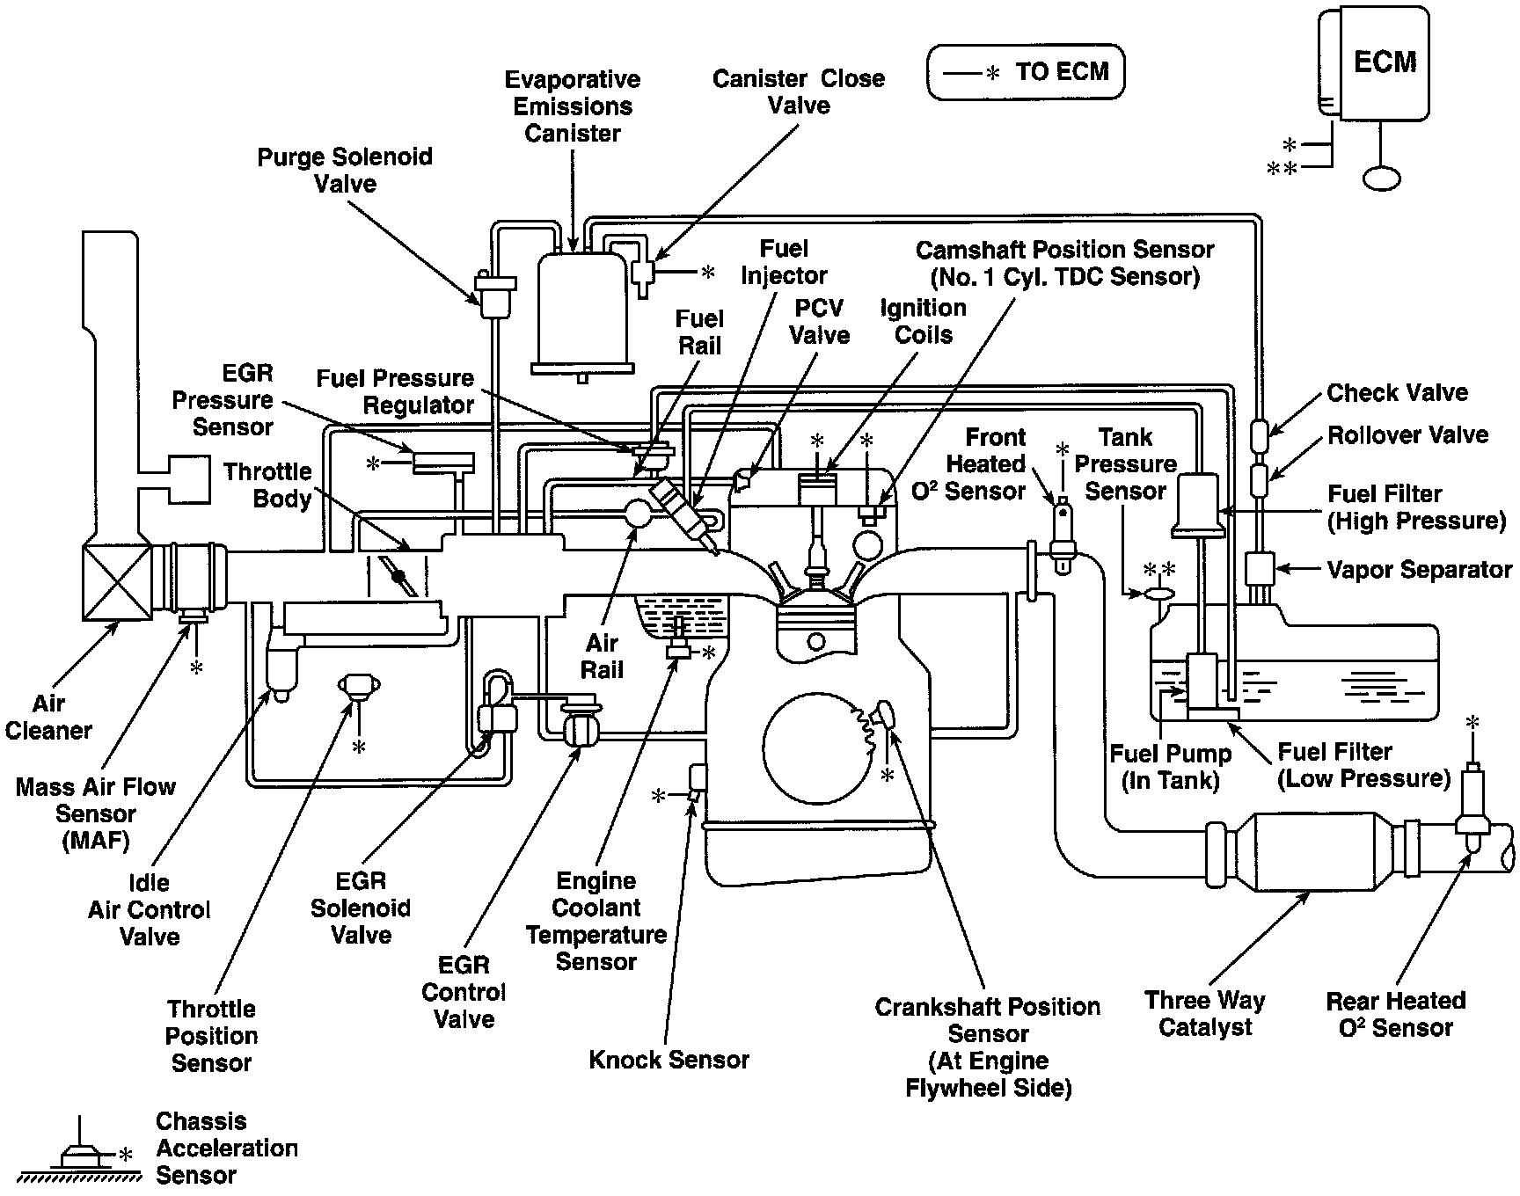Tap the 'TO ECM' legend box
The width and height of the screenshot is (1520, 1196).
click(1026, 72)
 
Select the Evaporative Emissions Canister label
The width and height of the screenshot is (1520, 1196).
click(572, 106)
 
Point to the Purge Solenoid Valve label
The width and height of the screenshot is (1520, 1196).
click(345, 170)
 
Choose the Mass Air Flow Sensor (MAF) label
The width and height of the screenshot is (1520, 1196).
click(95, 813)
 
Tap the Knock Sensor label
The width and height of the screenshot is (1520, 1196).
click(669, 1060)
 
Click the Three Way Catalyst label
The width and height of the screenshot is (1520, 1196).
click(1204, 1013)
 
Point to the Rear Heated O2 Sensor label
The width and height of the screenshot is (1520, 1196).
click(1395, 1013)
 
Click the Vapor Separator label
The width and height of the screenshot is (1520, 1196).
click(1420, 570)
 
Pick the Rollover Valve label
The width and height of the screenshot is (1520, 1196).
click(1407, 434)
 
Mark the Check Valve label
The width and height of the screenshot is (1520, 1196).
click(1397, 392)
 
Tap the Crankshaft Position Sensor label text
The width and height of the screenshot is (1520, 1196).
click(988, 1047)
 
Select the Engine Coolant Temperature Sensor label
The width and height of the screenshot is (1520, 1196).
click(596, 921)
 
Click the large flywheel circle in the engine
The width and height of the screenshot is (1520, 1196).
click(816, 748)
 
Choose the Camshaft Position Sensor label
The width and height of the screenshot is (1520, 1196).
click(1064, 263)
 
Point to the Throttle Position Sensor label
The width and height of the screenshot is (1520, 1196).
click(211, 1035)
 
